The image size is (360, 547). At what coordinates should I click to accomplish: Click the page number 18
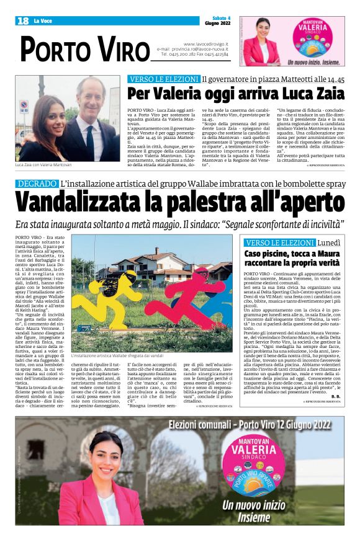click(23, 21)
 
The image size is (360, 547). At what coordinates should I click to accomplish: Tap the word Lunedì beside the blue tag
click(330, 242)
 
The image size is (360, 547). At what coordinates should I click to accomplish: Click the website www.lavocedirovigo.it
click(205, 44)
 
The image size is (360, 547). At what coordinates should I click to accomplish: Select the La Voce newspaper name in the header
click(43, 21)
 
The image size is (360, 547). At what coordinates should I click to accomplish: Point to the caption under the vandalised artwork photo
click(117, 356)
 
